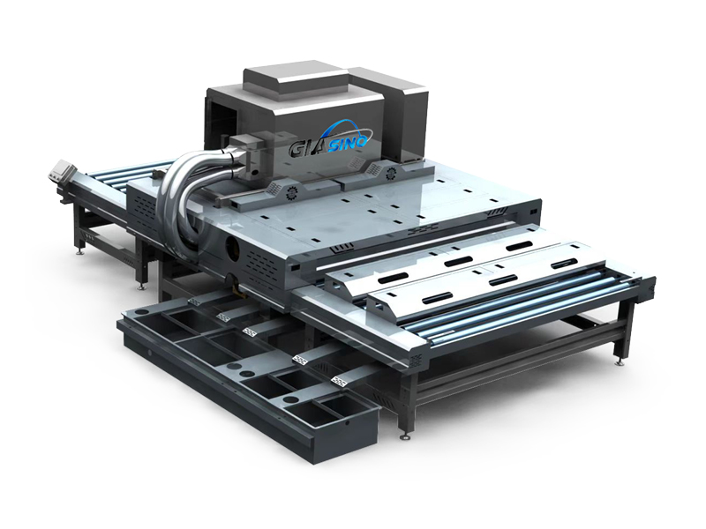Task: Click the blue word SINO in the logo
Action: tap(351, 137)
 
